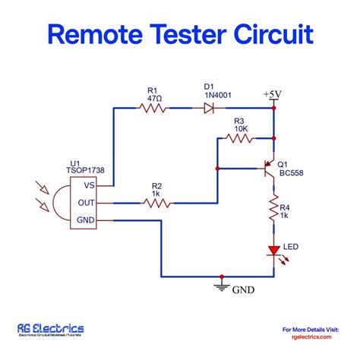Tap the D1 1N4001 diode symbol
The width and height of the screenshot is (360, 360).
pyautogui.click(x=208, y=109)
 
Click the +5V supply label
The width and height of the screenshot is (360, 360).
pyautogui.click(x=273, y=94)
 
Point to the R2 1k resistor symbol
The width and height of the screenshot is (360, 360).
pyautogui.click(x=156, y=203)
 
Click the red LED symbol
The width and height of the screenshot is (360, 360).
pyautogui.click(x=273, y=250)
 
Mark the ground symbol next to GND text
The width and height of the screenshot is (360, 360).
pyautogui.click(x=220, y=287)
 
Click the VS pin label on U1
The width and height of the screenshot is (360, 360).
pyautogui.click(x=90, y=185)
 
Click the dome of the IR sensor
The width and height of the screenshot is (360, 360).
pyautogui.click(x=58, y=203)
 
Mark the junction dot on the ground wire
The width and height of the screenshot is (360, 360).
pyautogui.click(x=220, y=276)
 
